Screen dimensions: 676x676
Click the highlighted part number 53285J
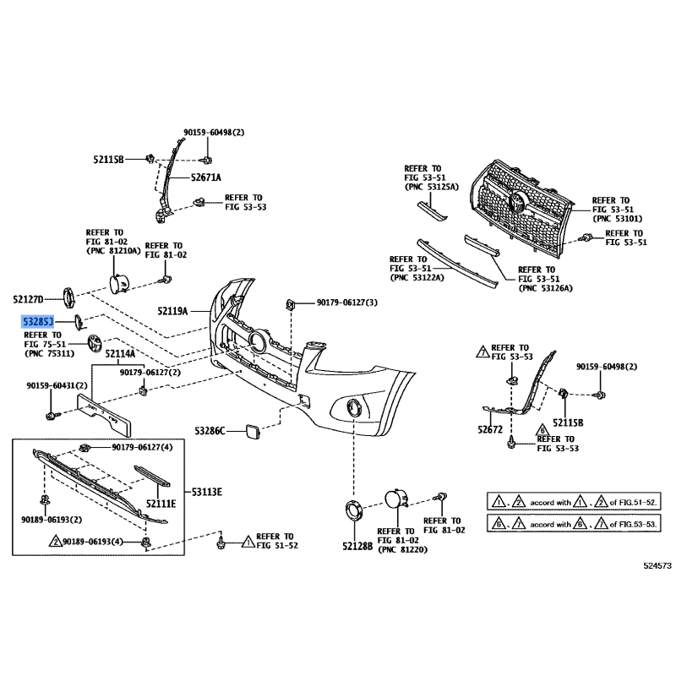[37, 321]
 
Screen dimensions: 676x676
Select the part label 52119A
[172, 311]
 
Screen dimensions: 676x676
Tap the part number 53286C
[210, 431]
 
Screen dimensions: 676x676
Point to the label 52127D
[28, 299]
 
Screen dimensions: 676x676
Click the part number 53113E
[207, 492]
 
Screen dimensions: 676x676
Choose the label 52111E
[161, 504]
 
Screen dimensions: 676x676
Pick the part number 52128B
[357, 546]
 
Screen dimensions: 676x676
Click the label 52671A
[206, 177]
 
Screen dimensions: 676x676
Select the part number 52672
[490, 429]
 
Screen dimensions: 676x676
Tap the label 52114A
[120, 354]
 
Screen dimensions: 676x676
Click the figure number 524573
[657, 565]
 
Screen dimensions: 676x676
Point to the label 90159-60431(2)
[57, 385]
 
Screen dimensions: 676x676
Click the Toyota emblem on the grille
[516, 201]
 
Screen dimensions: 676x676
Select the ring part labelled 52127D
[68, 297]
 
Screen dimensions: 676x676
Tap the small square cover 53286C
[253, 431]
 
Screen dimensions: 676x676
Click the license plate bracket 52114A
[104, 413]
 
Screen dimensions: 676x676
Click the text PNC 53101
[618, 219]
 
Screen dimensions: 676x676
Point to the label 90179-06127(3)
[347, 303]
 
